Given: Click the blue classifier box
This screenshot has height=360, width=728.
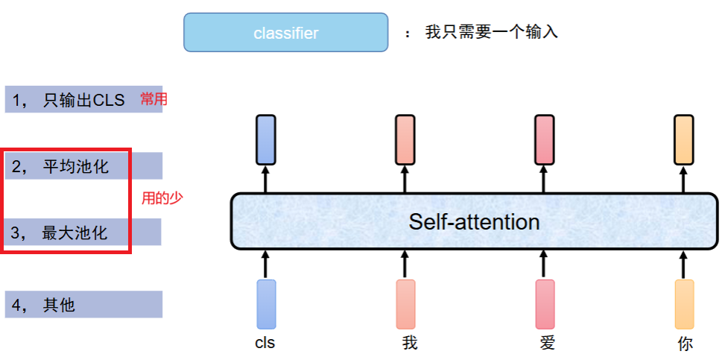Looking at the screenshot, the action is click(x=285, y=32).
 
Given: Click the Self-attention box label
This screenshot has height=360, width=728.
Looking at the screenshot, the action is click(x=474, y=221).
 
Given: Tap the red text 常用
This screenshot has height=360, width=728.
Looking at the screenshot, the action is click(x=153, y=99).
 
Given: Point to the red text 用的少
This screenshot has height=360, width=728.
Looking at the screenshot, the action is click(x=162, y=198).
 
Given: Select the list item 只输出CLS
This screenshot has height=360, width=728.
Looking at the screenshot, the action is click(x=83, y=99).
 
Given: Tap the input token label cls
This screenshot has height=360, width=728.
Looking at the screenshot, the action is click(x=265, y=343).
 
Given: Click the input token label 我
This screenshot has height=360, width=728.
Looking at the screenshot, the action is click(x=410, y=344).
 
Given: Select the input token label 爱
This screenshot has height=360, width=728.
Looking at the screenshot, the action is click(x=548, y=344).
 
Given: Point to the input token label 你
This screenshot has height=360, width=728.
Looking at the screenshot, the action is click(x=686, y=344).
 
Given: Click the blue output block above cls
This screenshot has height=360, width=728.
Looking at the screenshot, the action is click(x=266, y=140).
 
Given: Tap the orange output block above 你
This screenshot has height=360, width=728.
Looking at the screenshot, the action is click(x=684, y=140).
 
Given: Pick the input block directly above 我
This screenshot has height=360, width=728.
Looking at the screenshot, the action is click(x=406, y=304).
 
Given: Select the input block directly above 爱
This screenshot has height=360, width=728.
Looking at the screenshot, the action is click(x=545, y=304).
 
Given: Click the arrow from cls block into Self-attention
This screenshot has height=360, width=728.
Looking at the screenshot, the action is click(x=266, y=265).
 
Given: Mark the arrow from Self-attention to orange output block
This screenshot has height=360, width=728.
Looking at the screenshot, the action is click(x=683, y=179).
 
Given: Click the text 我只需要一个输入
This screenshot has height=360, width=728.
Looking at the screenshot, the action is click(x=491, y=32).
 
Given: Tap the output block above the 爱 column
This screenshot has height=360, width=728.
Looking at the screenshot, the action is click(x=545, y=140).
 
